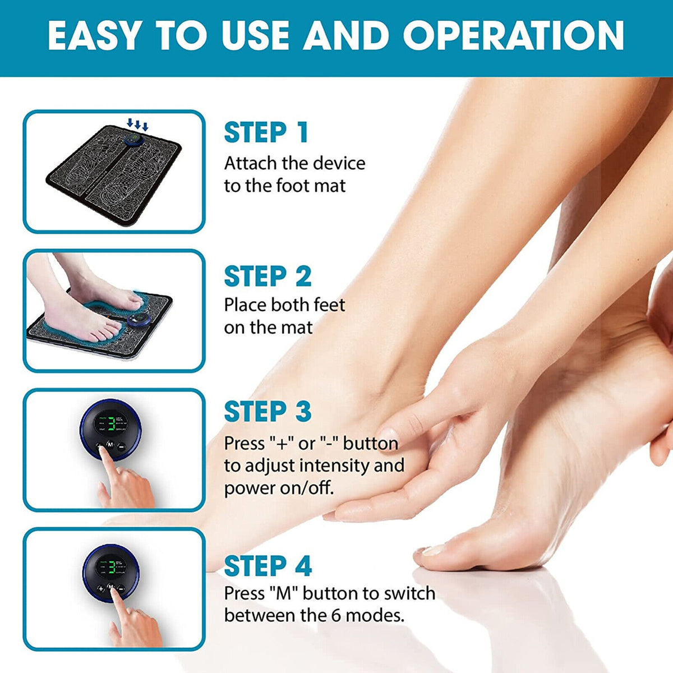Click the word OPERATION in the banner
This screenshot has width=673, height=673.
pyautogui.click(x=513, y=35)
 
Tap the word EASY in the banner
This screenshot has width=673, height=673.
pyautogui.click(x=93, y=35)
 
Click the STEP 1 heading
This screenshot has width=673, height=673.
pyautogui.click(x=266, y=132)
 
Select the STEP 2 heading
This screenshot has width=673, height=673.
pyautogui.click(x=268, y=276)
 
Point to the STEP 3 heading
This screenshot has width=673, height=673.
pyautogui.click(x=268, y=412)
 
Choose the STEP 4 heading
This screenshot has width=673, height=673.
pyautogui.click(x=268, y=566)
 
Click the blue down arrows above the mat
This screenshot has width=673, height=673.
pyautogui.click(x=137, y=124)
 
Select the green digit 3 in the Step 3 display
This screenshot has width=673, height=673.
pyautogui.click(x=112, y=425)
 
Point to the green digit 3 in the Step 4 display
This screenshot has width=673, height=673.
pyautogui.click(x=112, y=568)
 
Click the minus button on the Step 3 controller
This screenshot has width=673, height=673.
pyautogui.click(x=121, y=446)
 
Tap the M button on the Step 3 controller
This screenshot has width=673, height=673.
pyautogui.click(x=110, y=445)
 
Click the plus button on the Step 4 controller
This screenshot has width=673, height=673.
pyautogui.click(x=100, y=589)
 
